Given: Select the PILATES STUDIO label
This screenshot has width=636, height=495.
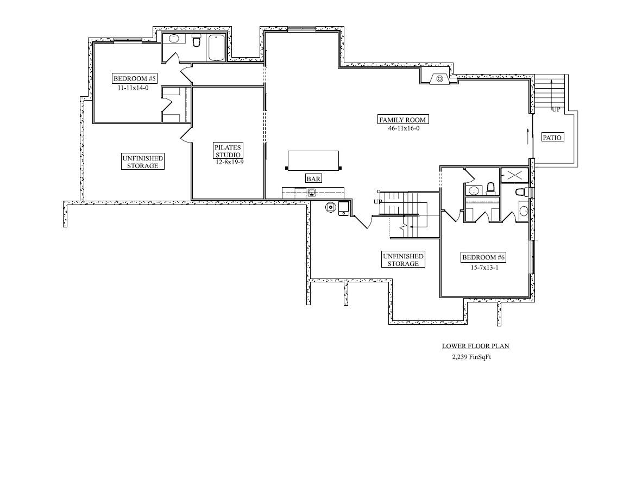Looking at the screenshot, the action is pos(228,151).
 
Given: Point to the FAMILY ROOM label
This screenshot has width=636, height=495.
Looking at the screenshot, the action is pos(402,120).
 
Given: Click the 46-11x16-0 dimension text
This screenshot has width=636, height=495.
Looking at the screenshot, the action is pos(404,128).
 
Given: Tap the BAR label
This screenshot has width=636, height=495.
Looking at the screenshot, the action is pos(313,178).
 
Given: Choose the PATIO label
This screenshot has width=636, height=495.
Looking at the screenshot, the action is pos(552,138).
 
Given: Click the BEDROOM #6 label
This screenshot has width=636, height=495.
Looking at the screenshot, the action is pos(483,257).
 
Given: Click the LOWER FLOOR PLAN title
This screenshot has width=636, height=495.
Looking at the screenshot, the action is pos(475,346).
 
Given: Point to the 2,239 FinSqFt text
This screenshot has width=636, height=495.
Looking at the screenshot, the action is pos(471,357).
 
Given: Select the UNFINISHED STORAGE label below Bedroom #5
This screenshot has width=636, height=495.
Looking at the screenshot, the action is pos(143,162).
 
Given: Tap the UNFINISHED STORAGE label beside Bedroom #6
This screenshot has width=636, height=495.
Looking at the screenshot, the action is pos(403,259).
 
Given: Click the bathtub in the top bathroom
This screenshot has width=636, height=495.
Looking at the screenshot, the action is pos(216,47).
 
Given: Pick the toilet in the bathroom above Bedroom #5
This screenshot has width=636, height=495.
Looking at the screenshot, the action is pos(197,40).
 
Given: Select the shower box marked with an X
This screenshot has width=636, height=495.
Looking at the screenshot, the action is pos(515,175).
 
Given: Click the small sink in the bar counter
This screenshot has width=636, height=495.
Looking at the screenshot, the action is pos(312,193).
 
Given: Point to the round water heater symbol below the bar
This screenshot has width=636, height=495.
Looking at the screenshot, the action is pos(331,207).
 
